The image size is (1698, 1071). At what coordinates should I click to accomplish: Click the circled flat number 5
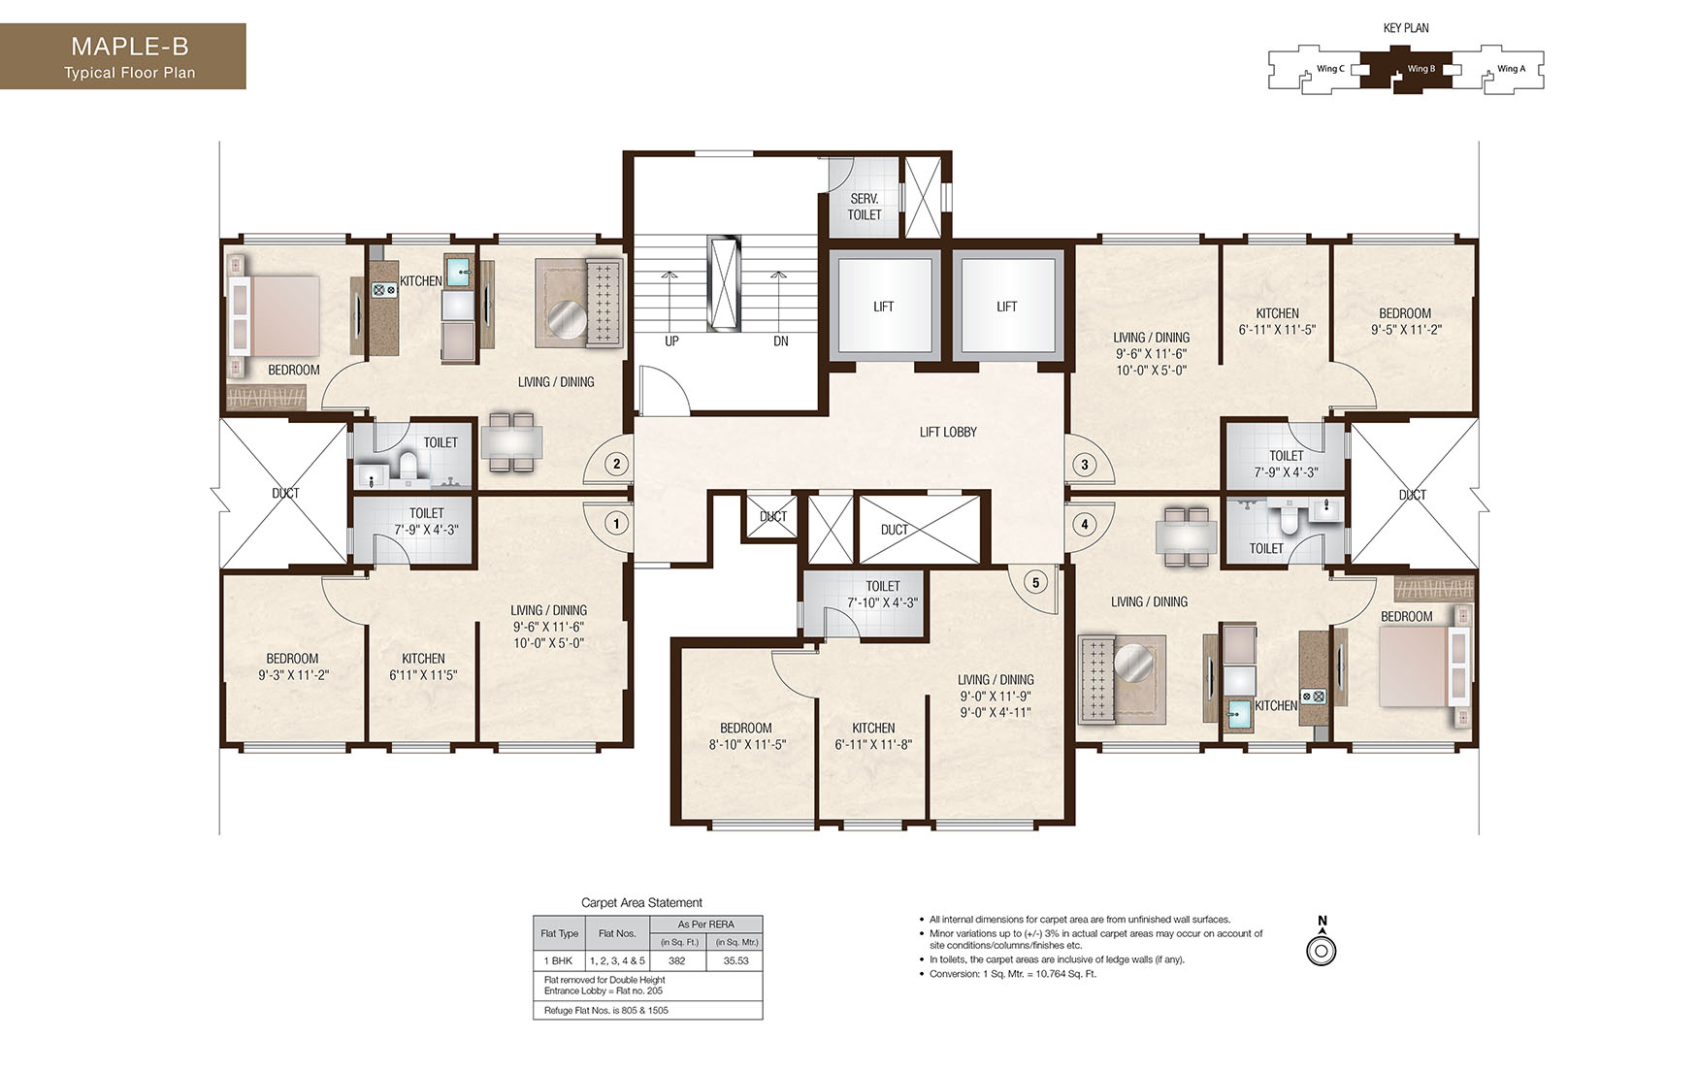[x=1035, y=582]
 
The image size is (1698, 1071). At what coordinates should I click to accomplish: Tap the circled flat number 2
[x=616, y=464]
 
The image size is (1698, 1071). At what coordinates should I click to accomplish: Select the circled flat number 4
[x=1085, y=524]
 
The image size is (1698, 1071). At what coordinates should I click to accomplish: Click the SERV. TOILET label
[x=864, y=207]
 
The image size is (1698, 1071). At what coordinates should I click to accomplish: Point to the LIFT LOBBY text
[x=948, y=432]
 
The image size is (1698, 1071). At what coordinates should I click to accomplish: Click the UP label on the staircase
[x=671, y=341]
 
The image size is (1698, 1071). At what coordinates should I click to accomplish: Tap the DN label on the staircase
[x=780, y=341]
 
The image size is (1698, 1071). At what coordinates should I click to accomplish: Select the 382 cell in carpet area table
[x=676, y=960]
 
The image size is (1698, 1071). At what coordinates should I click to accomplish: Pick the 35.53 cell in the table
[x=735, y=960]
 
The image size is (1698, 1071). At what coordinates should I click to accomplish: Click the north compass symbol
[x=1322, y=950]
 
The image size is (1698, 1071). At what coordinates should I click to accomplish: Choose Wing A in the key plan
[x=1511, y=69]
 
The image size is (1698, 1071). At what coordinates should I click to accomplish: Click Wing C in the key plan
[x=1330, y=69]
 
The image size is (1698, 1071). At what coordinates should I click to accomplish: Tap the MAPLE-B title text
[x=129, y=47]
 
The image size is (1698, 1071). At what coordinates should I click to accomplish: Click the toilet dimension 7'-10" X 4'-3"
[x=882, y=602]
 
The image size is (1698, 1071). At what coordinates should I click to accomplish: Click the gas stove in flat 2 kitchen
[x=381, y=288]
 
